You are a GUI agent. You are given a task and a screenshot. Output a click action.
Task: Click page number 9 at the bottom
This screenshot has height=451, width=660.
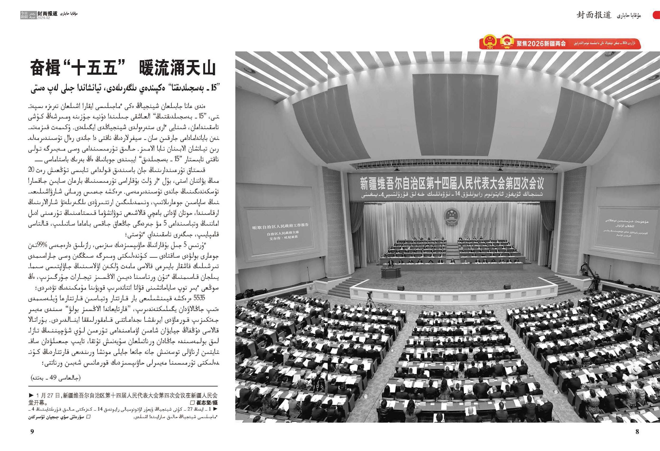coord(32,431)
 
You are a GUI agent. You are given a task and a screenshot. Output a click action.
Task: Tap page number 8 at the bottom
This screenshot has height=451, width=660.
coord(637,431)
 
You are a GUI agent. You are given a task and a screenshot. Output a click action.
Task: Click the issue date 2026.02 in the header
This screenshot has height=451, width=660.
coord(43,18)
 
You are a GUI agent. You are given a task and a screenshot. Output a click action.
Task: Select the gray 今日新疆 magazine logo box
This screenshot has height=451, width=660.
coord(25,15)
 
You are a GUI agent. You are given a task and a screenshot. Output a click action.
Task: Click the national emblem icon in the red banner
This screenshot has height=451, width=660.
coord(490,42)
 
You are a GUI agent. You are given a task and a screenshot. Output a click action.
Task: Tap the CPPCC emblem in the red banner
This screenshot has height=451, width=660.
coord(507,42)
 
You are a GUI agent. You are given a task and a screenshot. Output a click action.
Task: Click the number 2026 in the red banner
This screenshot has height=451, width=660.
coord(535,44)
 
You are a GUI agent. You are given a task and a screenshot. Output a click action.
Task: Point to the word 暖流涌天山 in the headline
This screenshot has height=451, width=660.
coord(177,68)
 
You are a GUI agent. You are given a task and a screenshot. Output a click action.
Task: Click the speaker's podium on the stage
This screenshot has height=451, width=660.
coord(390,272)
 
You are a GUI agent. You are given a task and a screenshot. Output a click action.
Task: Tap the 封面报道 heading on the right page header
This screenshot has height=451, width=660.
coord(593,15)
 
